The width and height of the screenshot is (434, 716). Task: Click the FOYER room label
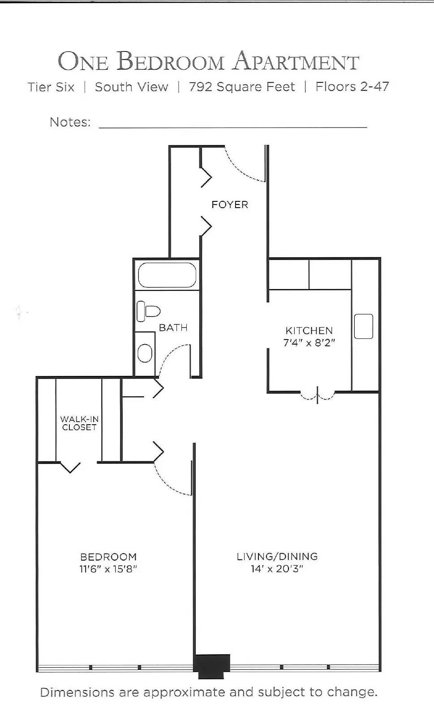[229, 205]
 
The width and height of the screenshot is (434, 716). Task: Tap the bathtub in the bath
[167, 275]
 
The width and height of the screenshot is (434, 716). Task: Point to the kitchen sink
[363, 326]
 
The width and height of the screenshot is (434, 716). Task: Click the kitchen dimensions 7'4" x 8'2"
[309, 343]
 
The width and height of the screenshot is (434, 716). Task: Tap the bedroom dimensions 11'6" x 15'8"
[108, 569]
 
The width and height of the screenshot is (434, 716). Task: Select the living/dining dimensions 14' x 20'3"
[277, 569]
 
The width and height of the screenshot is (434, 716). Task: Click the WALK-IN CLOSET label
[79, 423]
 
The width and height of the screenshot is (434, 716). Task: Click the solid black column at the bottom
[212, 663]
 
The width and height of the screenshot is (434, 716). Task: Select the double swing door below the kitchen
[317, 396]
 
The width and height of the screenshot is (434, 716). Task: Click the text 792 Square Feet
[242, 87]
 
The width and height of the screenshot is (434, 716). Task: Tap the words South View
[131, 87]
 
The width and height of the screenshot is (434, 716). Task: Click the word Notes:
[70, 122]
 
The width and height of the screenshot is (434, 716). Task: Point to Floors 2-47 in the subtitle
[352, 87]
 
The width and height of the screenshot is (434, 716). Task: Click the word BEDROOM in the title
[170, 62]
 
